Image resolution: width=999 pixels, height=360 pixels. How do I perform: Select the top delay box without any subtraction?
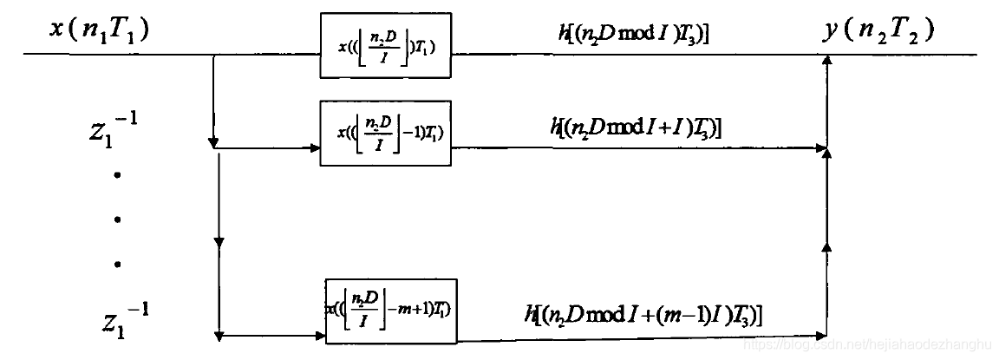point(385,44)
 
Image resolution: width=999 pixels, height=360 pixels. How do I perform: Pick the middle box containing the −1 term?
point(385,132)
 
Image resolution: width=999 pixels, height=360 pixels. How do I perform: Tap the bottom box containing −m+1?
point(391,309)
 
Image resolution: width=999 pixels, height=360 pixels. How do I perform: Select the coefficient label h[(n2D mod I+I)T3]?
point(637,127)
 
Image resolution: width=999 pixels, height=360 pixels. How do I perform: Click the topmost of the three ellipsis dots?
point(117,176)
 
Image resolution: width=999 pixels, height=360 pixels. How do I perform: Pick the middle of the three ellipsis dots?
point(117,219)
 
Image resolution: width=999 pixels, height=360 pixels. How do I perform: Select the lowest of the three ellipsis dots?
point(117,264)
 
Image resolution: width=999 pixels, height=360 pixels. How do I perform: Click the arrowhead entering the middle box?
point(315,148)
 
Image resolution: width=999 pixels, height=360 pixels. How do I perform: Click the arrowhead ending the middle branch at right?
point(823,148)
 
